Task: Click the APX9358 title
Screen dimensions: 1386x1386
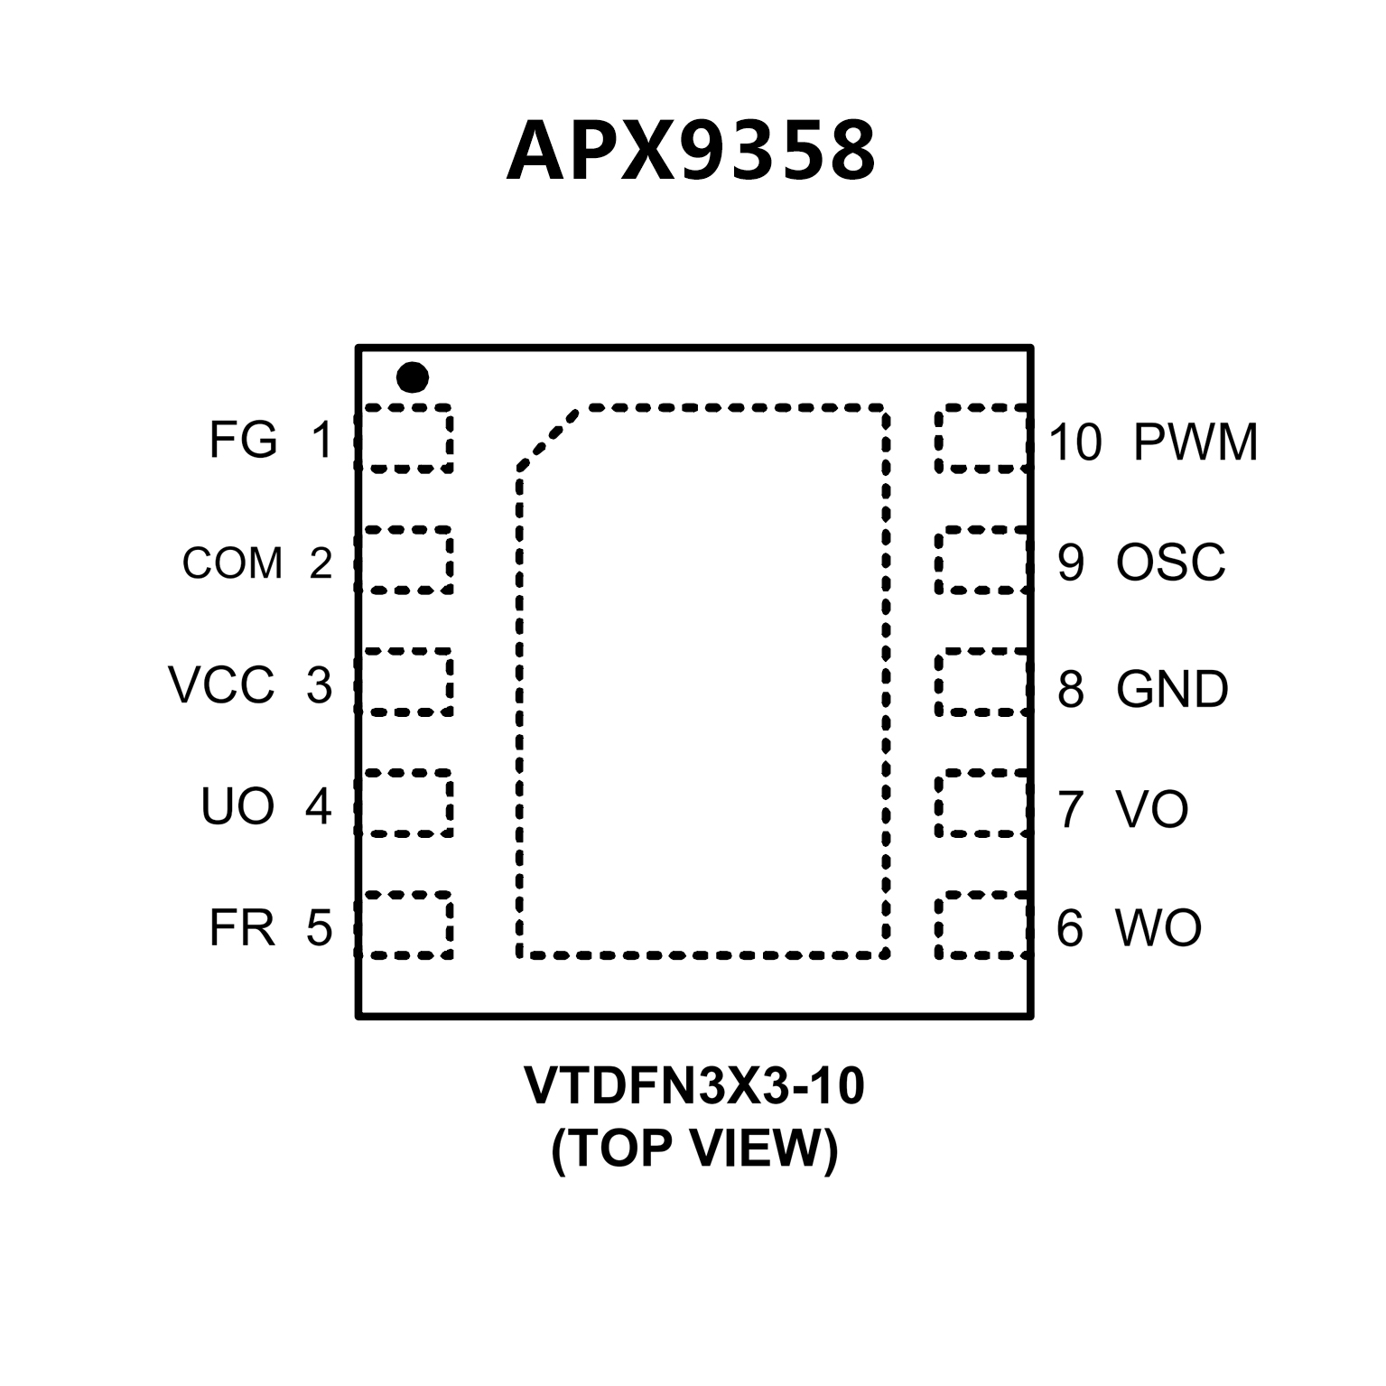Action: pyautogui.click(x=691, y=152)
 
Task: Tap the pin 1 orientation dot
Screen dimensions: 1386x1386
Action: pyautogui.click(x=413, y=377)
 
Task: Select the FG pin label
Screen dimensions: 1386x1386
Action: pyautogui.click(x=242, y=441)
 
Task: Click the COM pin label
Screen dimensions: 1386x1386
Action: pyautogui.click(x=232, y=563)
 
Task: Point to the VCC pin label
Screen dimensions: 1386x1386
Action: pyautogui.click(x=221, y=685)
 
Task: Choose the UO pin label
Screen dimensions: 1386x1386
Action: pyautogui.click(x=237, y=805)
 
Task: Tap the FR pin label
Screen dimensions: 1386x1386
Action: pyautogui.click(x=241, y=927)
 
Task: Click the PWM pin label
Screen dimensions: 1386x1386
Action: pyautogui.click(x=1195, y=442)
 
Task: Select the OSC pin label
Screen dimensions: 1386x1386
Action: pyautogui.click(x=1170, y=563)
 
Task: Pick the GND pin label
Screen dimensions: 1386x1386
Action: pyautogui.click(x=1172, y=689)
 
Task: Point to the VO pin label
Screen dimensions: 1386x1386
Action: pyautogui.click(x=1151, y=809)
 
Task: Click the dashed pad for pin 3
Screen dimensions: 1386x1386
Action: pyautogui.click(x=406, y=682)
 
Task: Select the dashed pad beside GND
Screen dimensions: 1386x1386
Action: pyautogui.click(x=981, y=682)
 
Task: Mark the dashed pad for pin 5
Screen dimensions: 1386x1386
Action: pyautogui.click(x=406, y=925)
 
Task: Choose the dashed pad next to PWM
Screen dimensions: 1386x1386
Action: pyautogui.click(x=981, y=439)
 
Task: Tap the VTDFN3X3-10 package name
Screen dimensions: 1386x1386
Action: pyautogui.click(x=693, y=1086)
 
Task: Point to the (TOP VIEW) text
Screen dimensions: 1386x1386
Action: pyautogui.click(x=693, y=1149)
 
